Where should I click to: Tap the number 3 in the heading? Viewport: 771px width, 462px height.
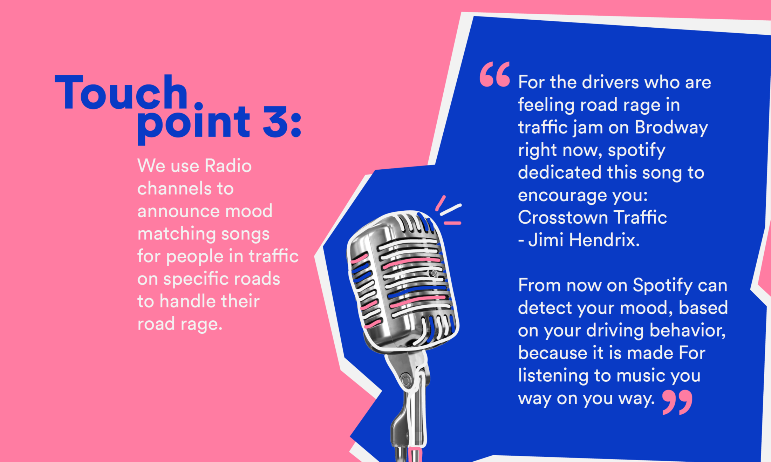[275, 121]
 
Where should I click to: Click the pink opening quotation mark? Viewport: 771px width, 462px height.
[495, 74]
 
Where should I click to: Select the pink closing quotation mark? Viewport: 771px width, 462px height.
[677, 402]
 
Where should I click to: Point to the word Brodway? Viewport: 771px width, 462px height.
[671, 127]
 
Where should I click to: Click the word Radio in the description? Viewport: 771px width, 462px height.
[228, 165]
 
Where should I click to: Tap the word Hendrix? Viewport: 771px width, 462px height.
[604, 240]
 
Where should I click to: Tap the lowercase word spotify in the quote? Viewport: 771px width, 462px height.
[636, 150]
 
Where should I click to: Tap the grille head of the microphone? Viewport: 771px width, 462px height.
[403, 280]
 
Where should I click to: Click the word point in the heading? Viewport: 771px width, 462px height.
[193, 124]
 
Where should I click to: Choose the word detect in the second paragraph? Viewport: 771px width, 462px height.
[544, 308]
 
